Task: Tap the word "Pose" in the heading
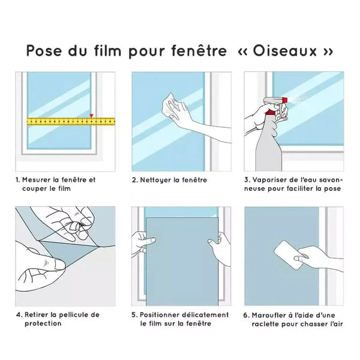point(46,51)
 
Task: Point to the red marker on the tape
point(91,115)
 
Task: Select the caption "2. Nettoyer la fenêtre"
point(169,180)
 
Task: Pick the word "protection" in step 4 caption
point(43,323)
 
